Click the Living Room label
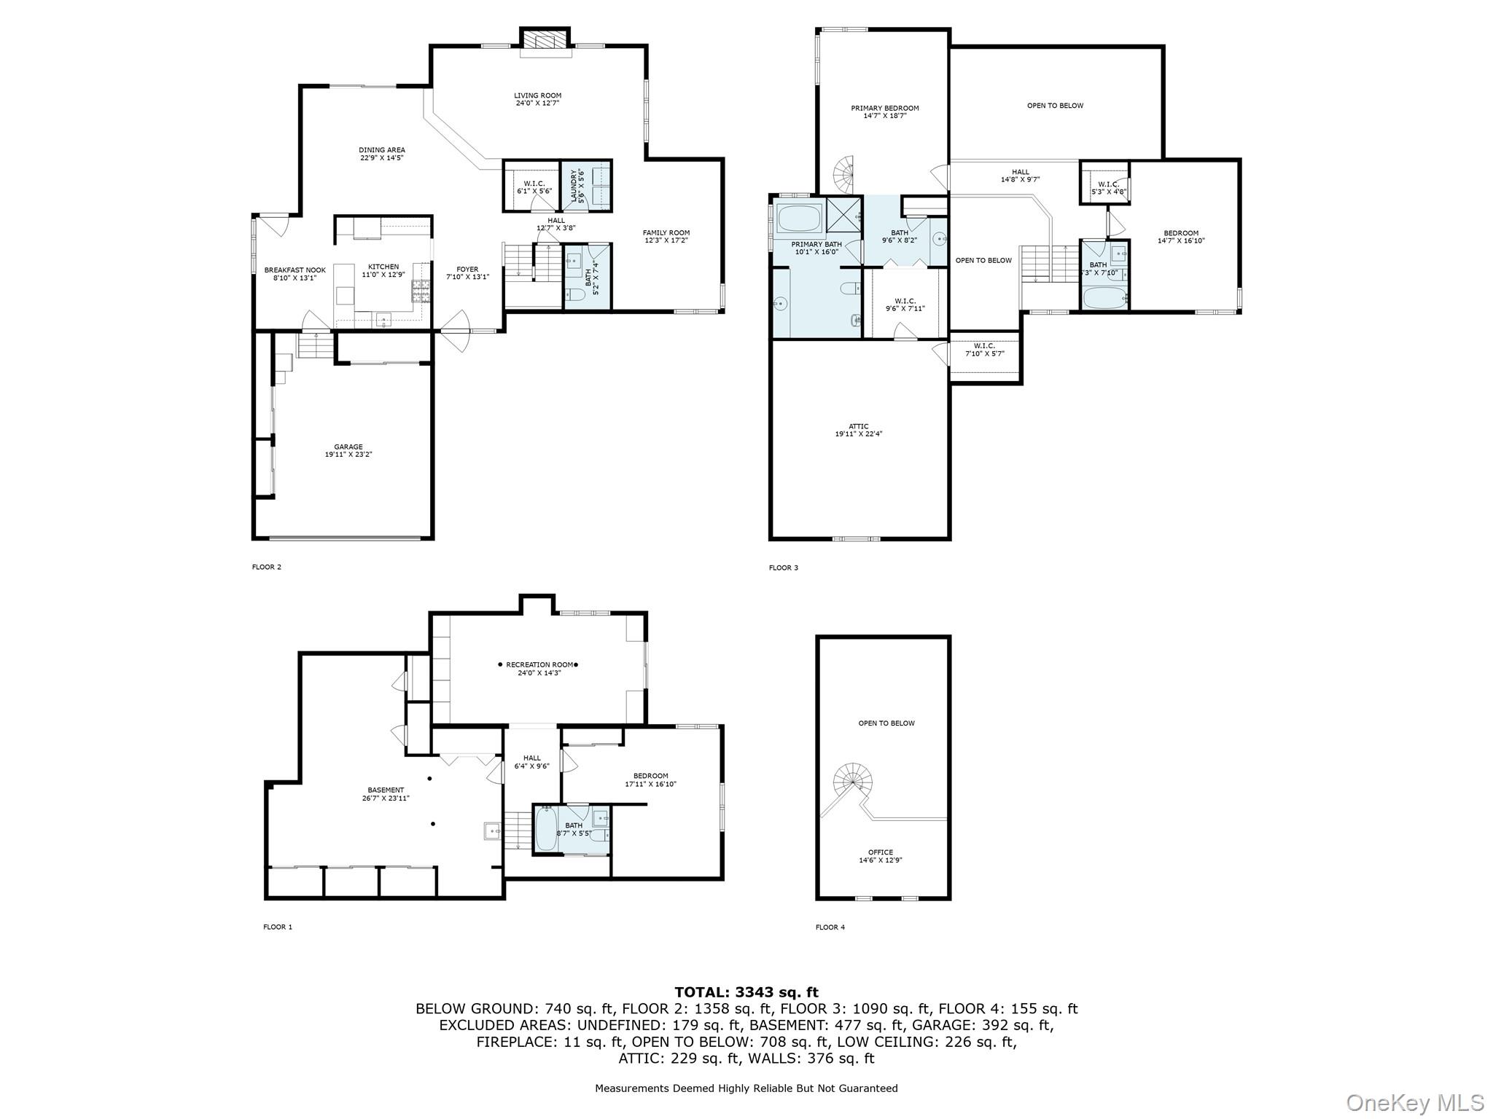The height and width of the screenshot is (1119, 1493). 537,99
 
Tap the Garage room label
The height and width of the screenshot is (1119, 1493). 348,450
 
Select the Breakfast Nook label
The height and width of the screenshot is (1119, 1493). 295,273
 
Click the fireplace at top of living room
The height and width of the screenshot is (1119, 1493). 545,42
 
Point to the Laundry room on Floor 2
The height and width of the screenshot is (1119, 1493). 586,186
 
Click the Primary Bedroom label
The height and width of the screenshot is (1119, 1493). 885,111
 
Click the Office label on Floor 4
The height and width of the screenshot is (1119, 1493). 881,856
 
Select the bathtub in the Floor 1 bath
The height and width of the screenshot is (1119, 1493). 547,828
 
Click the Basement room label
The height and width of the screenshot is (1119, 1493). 386,794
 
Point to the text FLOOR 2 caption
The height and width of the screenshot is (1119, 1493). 267,567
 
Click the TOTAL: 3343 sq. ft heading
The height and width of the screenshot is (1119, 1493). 746,992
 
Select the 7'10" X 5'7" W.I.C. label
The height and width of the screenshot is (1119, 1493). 984,350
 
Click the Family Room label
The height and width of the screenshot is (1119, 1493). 666,237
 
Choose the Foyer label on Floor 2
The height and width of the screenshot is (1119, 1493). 467,273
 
